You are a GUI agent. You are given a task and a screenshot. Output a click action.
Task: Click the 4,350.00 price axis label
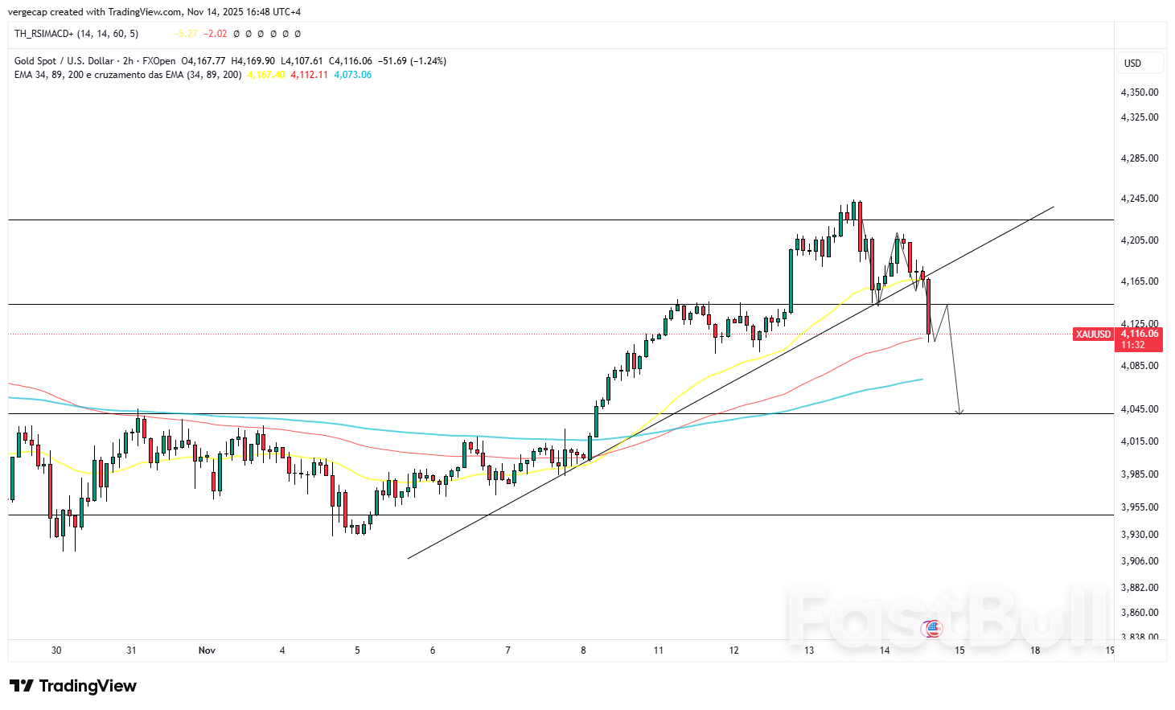click(1139, 92)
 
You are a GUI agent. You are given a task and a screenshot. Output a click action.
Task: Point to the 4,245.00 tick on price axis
click(1139, 199)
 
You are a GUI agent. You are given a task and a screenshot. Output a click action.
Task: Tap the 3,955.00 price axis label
click(1139, 507)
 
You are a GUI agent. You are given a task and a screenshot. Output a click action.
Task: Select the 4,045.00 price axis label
click(1139, 409)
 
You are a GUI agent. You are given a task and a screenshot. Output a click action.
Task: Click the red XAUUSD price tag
click(1093, 334)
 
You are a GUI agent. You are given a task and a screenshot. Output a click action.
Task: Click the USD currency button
click(1132, 64)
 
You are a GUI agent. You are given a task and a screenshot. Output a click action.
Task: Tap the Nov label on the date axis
click(207, 650)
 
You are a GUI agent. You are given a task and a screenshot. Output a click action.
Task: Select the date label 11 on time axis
click(659, 650)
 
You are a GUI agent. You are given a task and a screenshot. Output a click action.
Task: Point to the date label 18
click(1035, 650)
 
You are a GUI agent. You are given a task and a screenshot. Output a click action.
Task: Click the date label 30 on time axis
click(56, 650)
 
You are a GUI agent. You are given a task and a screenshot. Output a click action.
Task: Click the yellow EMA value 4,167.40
click(266, 75)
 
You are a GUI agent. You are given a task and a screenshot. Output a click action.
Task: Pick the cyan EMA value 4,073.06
click(352, 75)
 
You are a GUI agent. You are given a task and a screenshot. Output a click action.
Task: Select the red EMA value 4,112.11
click(309, 75)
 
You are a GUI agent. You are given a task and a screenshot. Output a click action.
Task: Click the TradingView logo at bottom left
click(73, 686)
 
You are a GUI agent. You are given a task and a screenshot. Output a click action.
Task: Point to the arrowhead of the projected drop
click(959, 412)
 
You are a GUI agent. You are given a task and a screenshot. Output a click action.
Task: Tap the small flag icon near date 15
click(932, 629)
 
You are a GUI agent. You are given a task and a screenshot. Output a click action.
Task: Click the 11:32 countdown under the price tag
click(1132, 345)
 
